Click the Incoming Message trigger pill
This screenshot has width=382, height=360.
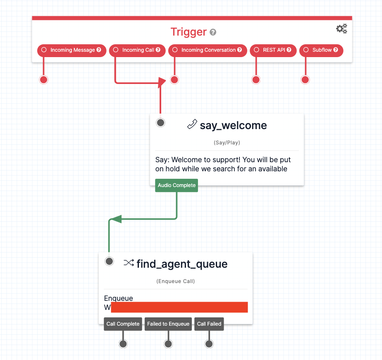coord(72,50)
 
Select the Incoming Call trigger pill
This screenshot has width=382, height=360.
coord(137,50)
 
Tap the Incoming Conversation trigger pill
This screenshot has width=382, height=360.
coord(208,50)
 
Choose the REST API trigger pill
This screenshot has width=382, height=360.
coord(273,50)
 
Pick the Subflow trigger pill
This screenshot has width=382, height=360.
coord(321,50)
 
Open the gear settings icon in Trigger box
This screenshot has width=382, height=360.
coord(341,29)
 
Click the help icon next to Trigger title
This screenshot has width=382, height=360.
coord(213,32)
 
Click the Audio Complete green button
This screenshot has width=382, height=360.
coord(177,185)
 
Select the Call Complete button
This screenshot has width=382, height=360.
coord(123,324)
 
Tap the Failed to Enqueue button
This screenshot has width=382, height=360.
coord(168,324)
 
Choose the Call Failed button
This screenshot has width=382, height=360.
coord(209,324)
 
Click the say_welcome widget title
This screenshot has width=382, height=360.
coord(233,125)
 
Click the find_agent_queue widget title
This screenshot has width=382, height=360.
coord(182,264)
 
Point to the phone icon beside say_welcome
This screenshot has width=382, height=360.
coord(192,124)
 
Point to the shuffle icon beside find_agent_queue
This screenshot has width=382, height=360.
coord(129,263)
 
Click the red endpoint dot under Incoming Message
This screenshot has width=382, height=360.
coord(43,79)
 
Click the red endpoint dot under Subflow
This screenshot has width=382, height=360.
coord(305,79)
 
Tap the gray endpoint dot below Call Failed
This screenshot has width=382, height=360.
coord(209,344)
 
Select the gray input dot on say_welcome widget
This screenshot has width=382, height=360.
coord(160,122)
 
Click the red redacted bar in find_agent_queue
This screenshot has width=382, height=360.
coord(179,307)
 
